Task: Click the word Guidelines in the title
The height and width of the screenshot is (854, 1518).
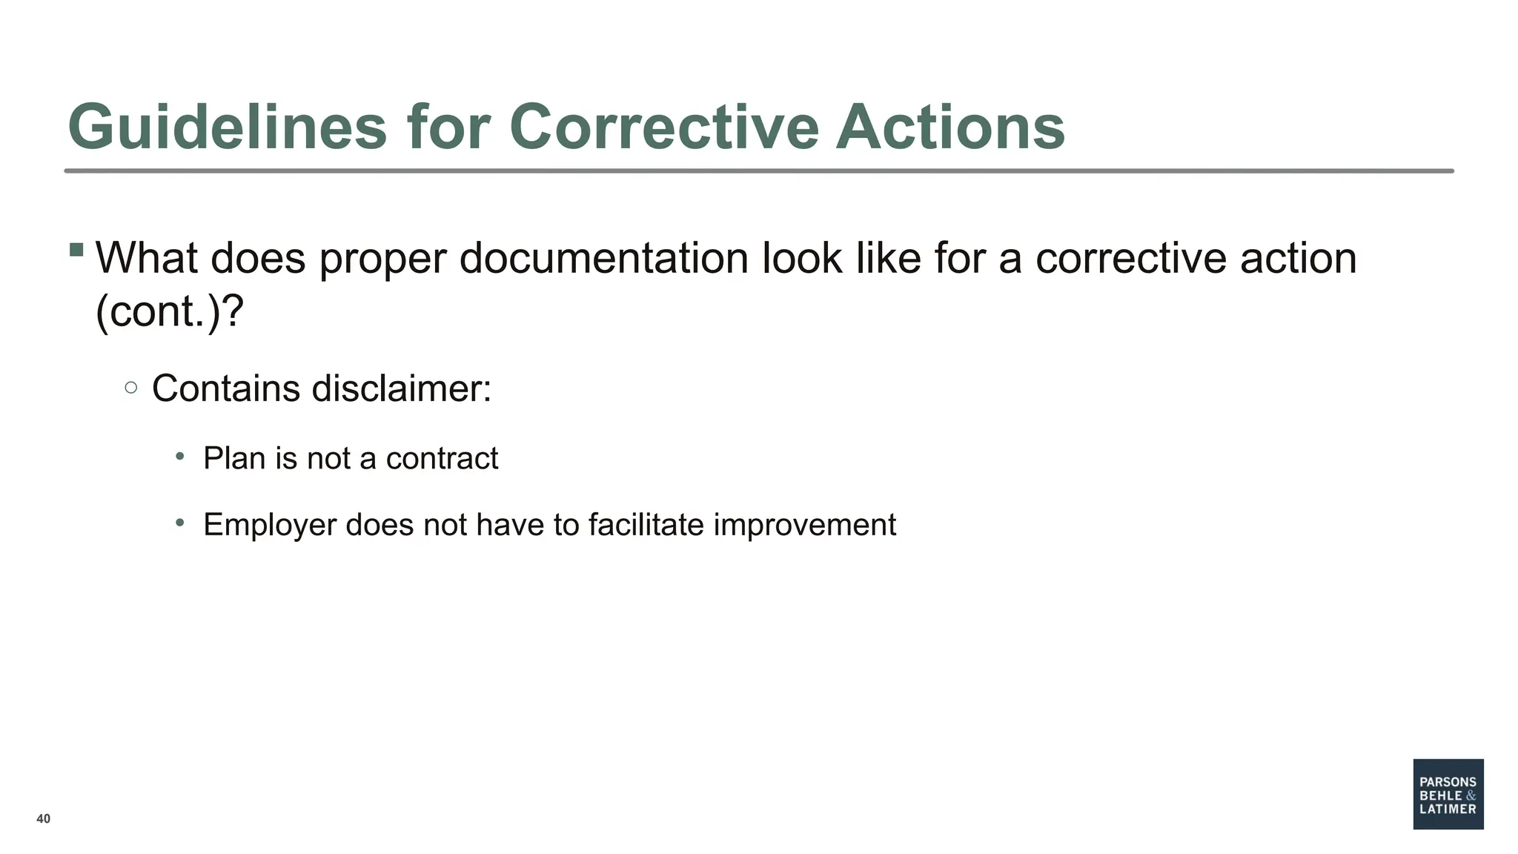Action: coord(227,128)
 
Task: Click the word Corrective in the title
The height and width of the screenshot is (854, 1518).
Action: coord(663,128)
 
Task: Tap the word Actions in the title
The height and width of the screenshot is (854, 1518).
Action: coord(950,128)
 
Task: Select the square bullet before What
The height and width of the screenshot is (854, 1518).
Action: coord(76,250)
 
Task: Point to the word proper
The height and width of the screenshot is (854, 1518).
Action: coord(382,259)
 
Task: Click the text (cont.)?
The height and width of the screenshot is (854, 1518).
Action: coord(170,311)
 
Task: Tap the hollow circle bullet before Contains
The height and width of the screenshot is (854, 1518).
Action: coord(131,387)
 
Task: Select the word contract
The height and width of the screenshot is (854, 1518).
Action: coord(442,459)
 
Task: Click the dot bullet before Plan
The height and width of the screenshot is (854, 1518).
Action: coord(180,456)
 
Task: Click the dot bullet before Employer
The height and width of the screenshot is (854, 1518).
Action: coord(180,523)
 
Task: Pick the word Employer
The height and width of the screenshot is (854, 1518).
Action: coord(270,526)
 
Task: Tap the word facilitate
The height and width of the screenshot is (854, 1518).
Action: coord(646,525)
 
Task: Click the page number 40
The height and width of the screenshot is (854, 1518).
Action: coord(44,818)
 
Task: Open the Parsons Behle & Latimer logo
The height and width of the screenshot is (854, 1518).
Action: coord(1448,794)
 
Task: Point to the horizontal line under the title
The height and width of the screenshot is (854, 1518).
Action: coord(759,171)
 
